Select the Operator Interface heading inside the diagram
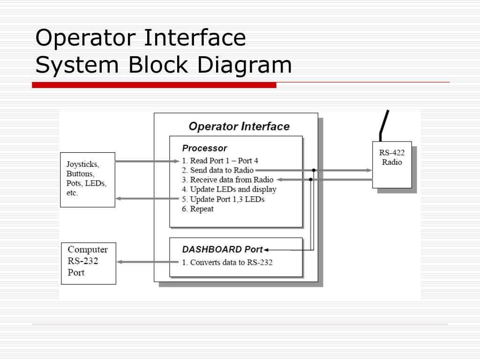coord(239,127)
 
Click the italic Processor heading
coord(204,148)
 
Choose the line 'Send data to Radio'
coord(218,170)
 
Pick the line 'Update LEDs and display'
coord(229,189)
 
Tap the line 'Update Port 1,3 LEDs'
coord(223,199)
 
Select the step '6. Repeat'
coord(198,209)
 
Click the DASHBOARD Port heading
coord(223,249)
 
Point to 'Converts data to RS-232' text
coord(227,262)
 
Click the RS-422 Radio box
coord(392,164)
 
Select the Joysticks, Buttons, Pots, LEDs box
coord(88,180)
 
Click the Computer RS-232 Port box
coord(89,263)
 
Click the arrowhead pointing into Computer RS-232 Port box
coord(120,262)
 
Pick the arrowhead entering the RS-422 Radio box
coord(369,170)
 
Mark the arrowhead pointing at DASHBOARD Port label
coord(266,250)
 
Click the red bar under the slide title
coord(154,85)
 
